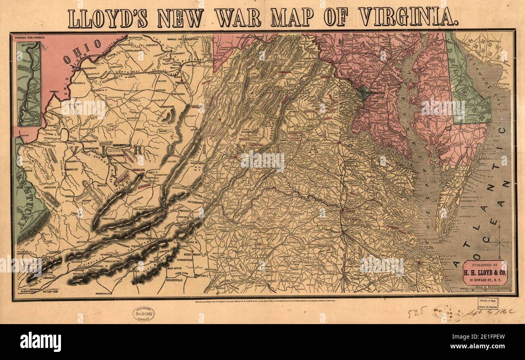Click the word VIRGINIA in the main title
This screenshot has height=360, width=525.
(408, 17)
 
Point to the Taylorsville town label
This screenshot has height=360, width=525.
(177, 279)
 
